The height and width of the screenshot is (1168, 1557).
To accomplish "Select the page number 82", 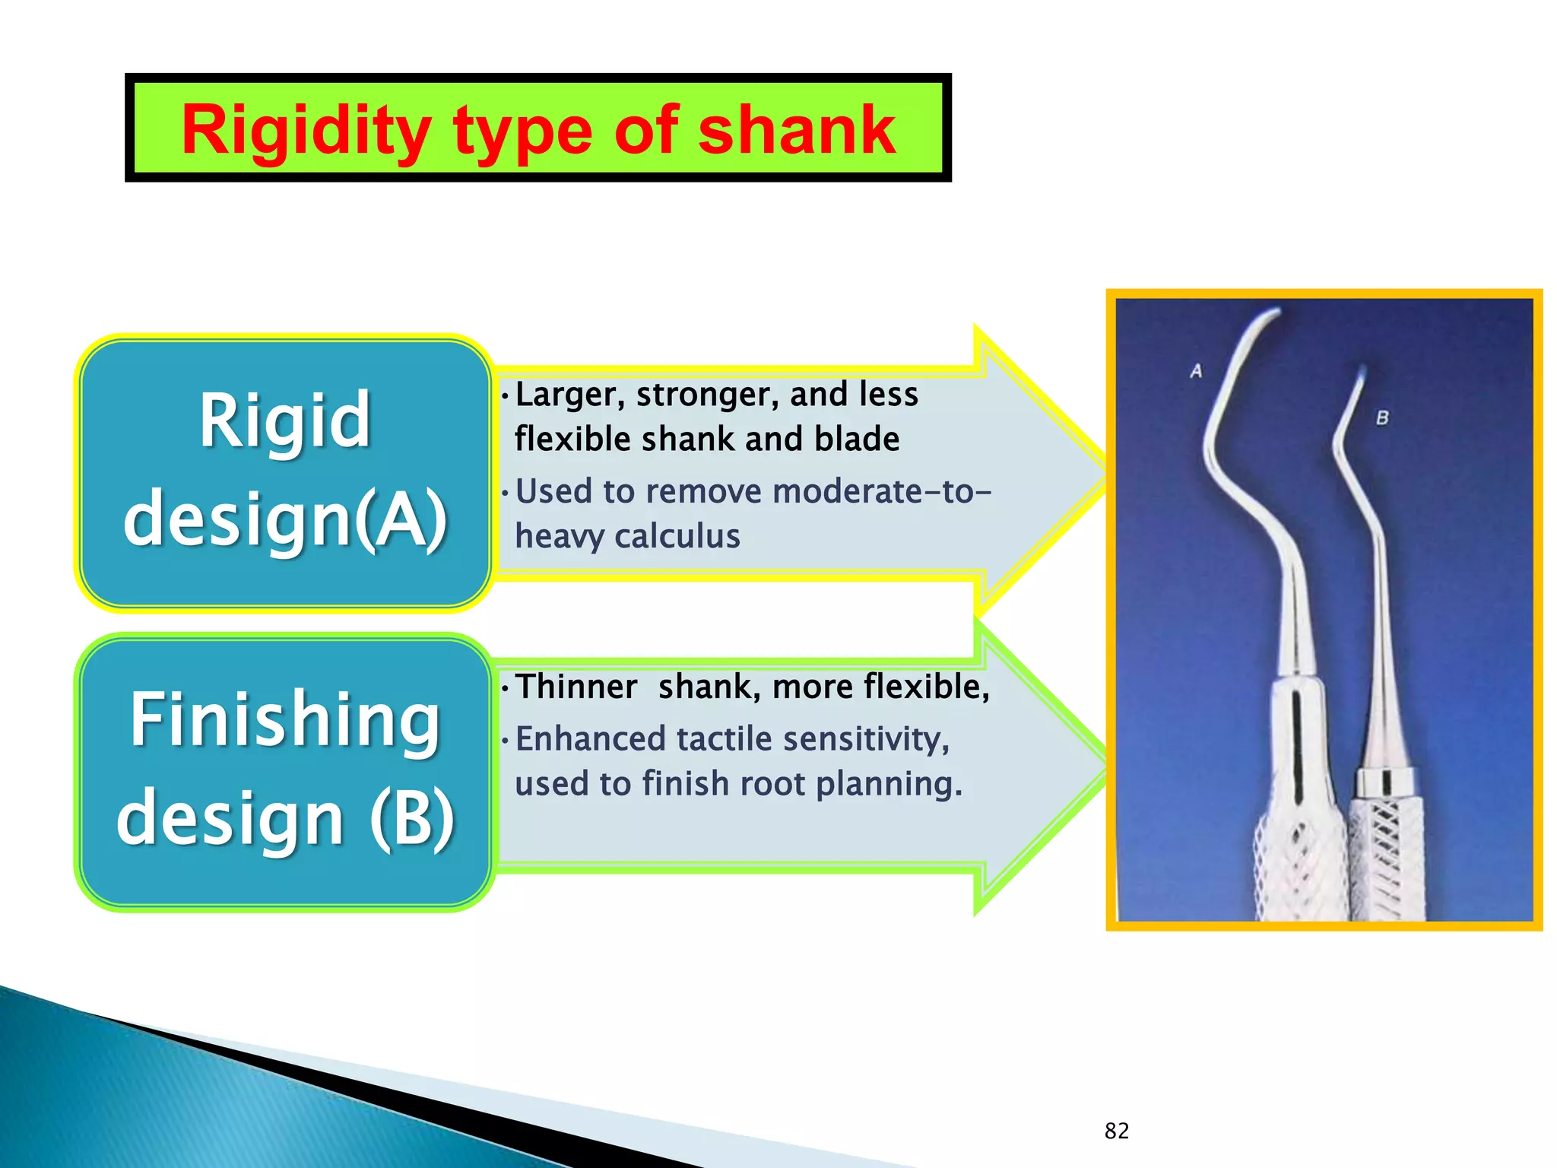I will click(x=1116, y=1131).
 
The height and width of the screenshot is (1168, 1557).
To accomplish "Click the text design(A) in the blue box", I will click(x=285, y=519).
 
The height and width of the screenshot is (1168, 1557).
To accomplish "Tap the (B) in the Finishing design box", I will click(x=411, y=817).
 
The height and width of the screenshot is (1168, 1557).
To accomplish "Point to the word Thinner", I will click(x=576, y=687).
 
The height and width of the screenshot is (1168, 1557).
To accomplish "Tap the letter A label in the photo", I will click(x=1196, y=371).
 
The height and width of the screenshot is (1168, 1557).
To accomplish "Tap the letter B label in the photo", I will click(x=1381, y=417).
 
